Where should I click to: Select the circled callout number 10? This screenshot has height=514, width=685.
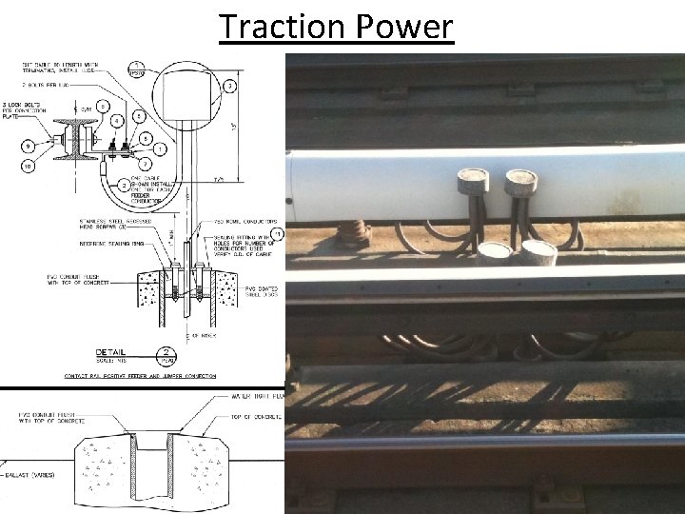pos(29,167)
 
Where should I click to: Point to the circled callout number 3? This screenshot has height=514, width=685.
pos(228,87)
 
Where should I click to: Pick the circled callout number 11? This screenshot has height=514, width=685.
pos(277,233)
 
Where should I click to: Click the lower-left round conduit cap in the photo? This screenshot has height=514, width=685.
pos(493,251)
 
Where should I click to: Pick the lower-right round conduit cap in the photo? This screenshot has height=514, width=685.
pos(540,251)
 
